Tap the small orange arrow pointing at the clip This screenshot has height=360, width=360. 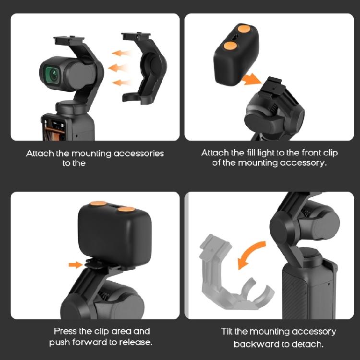pyautogui.click(x=75, y=264)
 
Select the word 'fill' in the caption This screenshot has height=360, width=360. pyautogui.click(x=253, y=153)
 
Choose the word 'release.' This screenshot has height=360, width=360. pyautogui.click(x=136, y=343)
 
